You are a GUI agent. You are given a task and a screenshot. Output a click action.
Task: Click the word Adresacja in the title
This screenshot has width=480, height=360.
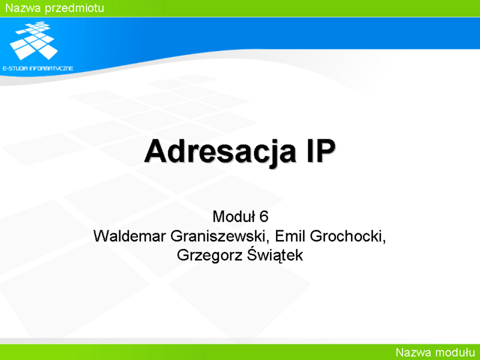click(x=220, y=152)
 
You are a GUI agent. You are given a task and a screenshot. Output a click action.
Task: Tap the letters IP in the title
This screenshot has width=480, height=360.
click(x=320, y=151)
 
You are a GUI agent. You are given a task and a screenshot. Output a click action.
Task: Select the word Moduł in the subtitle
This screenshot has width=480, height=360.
click(x=234, y=217)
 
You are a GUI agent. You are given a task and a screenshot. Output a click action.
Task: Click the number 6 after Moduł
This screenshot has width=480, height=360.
click(x=264, y=217)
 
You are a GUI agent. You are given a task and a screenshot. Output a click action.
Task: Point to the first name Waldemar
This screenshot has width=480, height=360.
click(x=130, y=236)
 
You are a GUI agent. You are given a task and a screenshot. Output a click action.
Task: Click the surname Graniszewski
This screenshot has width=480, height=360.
click(x=218, y=236)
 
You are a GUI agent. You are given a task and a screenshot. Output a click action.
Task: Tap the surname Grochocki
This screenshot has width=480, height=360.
click(x=346, y=236)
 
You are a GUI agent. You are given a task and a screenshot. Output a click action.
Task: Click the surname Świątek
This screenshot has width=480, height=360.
click(x=275, y=254)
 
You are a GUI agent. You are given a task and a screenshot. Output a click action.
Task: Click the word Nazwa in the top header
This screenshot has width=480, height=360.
click(x=23, y=8)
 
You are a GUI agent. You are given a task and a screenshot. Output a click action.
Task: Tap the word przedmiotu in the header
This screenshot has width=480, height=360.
click(x=74, y=8)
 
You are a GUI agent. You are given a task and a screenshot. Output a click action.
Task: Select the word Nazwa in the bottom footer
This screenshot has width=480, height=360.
click(x=413, y=352)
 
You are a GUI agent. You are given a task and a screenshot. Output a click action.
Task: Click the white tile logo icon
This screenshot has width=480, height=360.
click(x=34, y=40)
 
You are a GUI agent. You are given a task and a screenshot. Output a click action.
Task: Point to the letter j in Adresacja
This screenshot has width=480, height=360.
click(x=272, y=154)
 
